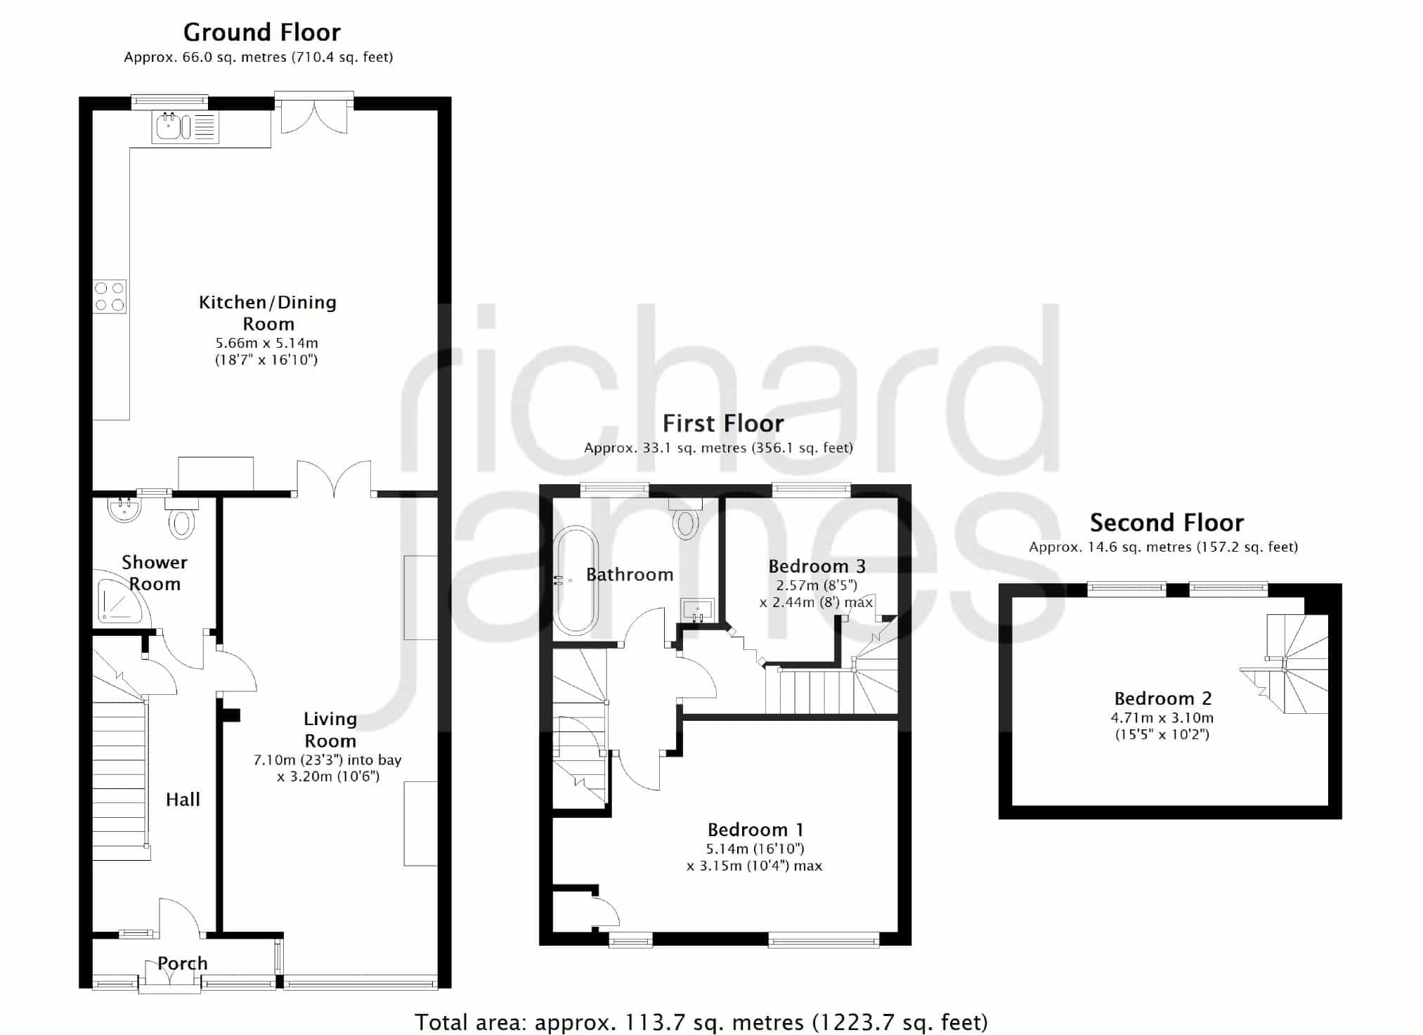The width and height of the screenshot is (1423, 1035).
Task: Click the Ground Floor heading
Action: click(262, 32)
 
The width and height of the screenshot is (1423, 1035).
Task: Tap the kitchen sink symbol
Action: click(186, 127)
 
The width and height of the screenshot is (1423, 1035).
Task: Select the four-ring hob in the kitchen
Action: click(110, 296)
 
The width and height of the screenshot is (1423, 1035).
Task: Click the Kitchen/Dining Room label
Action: click(268, 313)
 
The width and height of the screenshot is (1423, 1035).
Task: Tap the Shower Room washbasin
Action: click(126, 510)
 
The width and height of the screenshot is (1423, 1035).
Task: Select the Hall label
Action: click(183, 800)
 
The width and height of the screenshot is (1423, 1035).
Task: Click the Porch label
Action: click(183, 963)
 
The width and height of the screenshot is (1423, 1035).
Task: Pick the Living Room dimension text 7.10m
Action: click(275, 760)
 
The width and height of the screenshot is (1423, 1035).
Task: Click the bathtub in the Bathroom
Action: click(576, 580)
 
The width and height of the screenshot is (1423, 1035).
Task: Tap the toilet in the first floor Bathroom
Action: click(686, 518)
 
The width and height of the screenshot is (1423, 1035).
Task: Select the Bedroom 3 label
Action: click(817, 566)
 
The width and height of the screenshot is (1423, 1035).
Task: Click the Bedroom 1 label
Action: click(755, 830)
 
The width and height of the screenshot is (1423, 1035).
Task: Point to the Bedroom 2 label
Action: click(1163, 698)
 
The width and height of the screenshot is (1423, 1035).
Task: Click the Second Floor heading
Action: click(1167, 523)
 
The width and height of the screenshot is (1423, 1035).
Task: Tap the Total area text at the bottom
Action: click(701, 1022)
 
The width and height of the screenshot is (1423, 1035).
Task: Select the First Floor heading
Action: click(723, 424)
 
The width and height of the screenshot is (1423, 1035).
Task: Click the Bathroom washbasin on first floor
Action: click(697, 610)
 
